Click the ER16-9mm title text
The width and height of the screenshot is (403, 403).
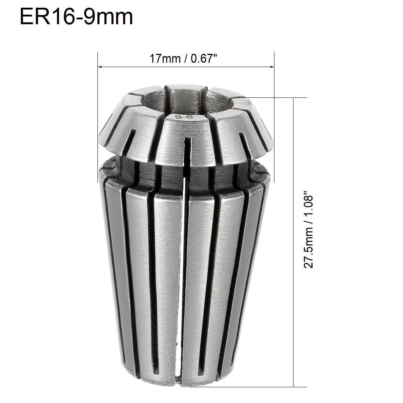[76, 17]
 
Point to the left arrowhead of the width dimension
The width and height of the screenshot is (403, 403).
[100, 67]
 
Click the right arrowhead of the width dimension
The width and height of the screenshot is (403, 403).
[271, 67]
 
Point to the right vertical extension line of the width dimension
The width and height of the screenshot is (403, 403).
[274, 110]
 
